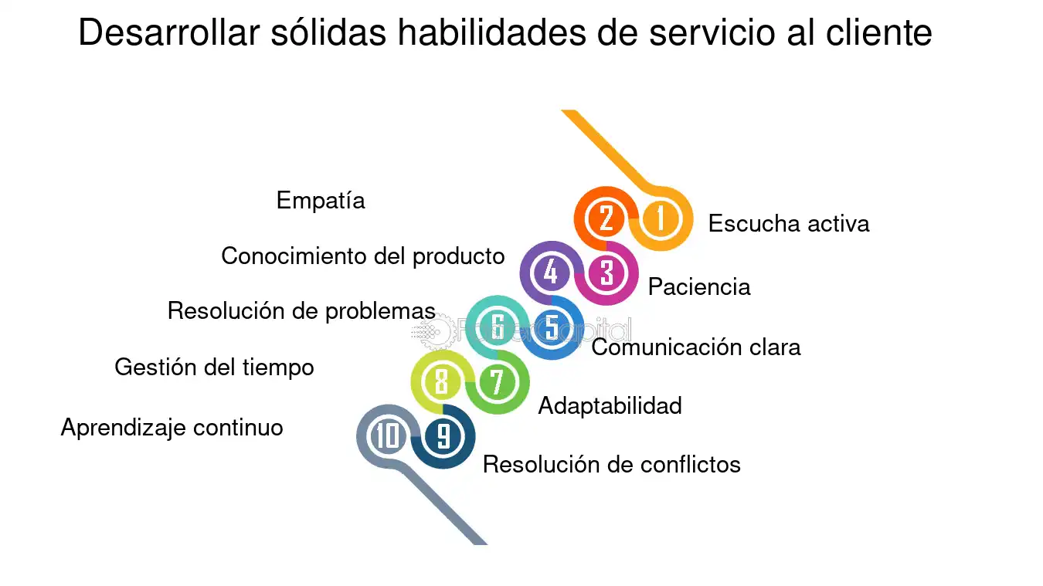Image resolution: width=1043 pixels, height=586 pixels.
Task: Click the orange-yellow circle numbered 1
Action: pyautogui.click(x=661, y=218)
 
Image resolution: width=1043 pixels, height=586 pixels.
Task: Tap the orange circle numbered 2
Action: pyautogui.click(x=606, y=218)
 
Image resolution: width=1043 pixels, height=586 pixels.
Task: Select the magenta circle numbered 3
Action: pyautogui.click(x=606, y=273)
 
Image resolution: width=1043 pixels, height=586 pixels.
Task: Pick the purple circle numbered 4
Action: pyautogui.click(x=552, y=273)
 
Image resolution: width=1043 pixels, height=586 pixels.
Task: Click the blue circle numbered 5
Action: pyautogui.click(x=552, y=327)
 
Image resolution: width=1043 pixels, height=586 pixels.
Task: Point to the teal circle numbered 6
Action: pyautogui.click(x=497, y=327)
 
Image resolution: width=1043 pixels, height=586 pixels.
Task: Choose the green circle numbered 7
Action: pyautogui.click(x=497, y=381)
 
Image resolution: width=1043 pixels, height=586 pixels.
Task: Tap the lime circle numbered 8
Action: pyautogui.click(x=442, y=381)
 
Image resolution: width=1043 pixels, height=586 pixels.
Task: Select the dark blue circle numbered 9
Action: pyautogui.click(x=443, y=436)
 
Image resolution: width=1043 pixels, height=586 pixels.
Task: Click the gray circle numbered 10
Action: pyautogui.click(x=388, y=436)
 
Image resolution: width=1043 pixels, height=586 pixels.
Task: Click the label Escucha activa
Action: pyautogui.click(x=789, y=223)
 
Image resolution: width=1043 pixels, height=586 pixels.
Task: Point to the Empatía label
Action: pyautogui.click(x=321, y=201)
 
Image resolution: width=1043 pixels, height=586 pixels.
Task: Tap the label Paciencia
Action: pyautogui.click(x=699, y=286)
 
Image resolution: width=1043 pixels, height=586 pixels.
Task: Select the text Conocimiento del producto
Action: pyautogui.click(x=362, y=256)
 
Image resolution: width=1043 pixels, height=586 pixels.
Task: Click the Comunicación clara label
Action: pyautogui.click(x=696, y=347)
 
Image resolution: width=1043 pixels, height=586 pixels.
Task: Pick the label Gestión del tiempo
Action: pyautogui.click(x=214, y=368)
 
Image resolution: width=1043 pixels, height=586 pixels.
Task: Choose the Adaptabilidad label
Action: pyautogui.click(x=610, y=406)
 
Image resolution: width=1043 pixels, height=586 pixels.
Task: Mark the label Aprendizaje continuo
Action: pyautogui.click(x=172, y=428)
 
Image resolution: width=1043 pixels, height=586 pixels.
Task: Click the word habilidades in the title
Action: pyautogui.click(x=491, y=32)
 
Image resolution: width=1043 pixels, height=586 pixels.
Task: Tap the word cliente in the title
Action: pyautogui.click(x=879, y=32)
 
